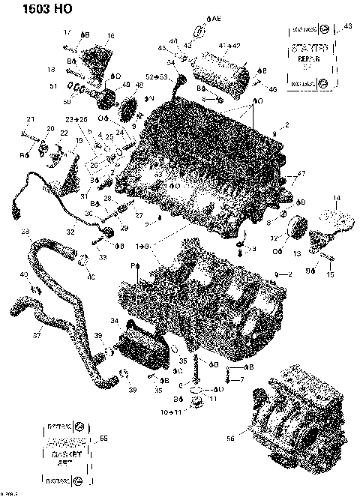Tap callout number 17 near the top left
pos(66,32)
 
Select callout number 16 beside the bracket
pos(110,36)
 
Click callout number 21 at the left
pos(31,120)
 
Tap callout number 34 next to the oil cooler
pos(114,321)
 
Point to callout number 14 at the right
pos(336,198)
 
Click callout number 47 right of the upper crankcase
pos(303,174)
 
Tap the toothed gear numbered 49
pos(107,99)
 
